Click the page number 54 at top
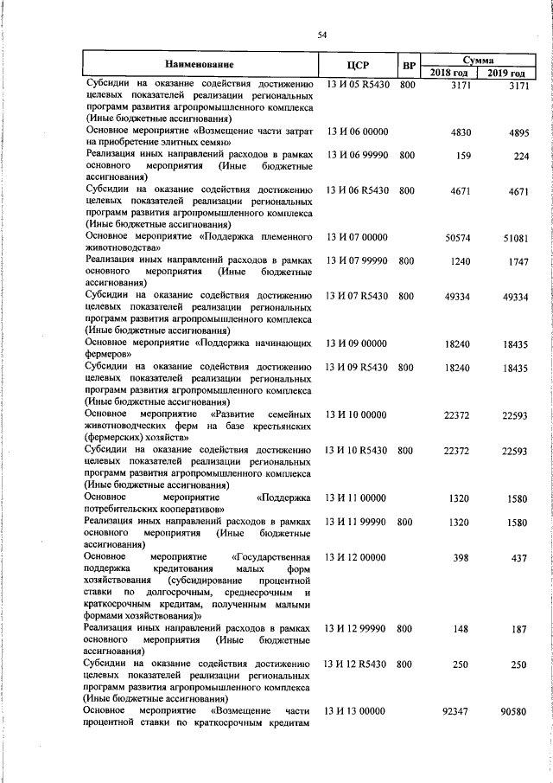click(321, 35)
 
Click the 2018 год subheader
click(448, 73)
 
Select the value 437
click(519, 559)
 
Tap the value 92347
click(455, 711)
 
